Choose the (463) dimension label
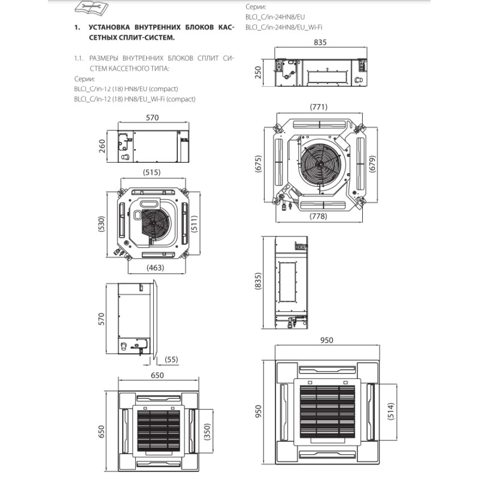(154, 267)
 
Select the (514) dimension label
(390, 411)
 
